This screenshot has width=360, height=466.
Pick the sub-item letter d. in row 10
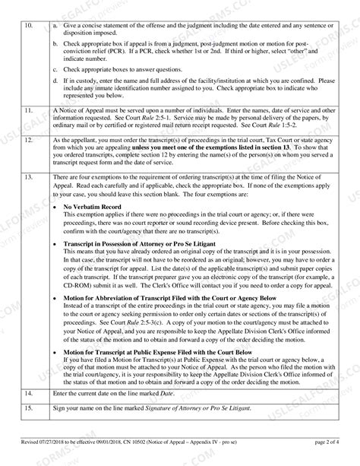click(55, 79)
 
